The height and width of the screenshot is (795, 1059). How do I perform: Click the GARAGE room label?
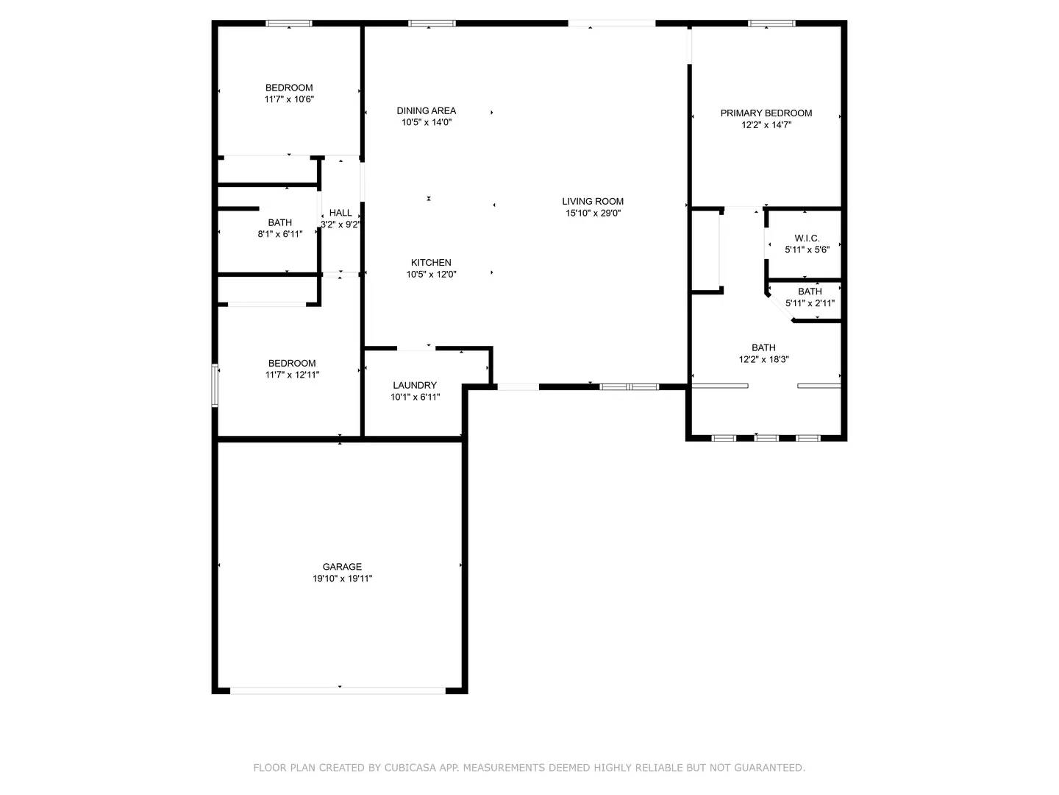[341, 566]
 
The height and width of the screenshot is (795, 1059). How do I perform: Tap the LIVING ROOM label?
[593, 201]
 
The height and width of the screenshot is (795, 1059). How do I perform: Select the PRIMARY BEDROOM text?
[766, 113]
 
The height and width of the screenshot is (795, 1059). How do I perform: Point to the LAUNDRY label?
[415, 385]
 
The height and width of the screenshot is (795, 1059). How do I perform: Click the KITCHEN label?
[431, 263]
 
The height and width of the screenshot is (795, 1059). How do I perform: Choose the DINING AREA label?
[426, 110]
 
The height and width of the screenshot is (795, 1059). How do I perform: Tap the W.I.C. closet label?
[807, 238]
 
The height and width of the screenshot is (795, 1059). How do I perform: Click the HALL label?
[340, 213]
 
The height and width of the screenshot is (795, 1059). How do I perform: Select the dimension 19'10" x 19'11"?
[342, 579]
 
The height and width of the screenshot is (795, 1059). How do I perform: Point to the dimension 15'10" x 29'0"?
[593, 213]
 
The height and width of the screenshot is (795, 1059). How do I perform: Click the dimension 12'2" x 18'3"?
[764, 359]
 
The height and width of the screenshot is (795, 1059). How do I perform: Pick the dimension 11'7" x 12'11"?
[292, 375]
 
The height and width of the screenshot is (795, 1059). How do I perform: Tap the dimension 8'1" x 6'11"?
[280, 234]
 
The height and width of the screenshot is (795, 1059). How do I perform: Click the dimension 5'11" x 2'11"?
[810, 303]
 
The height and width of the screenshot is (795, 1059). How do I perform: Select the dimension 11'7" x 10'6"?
[289, 99]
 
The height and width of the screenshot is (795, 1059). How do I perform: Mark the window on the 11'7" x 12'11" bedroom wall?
[215, 385]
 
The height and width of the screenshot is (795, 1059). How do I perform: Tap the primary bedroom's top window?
[771, 23]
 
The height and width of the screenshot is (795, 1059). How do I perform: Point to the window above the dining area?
[432, 23]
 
